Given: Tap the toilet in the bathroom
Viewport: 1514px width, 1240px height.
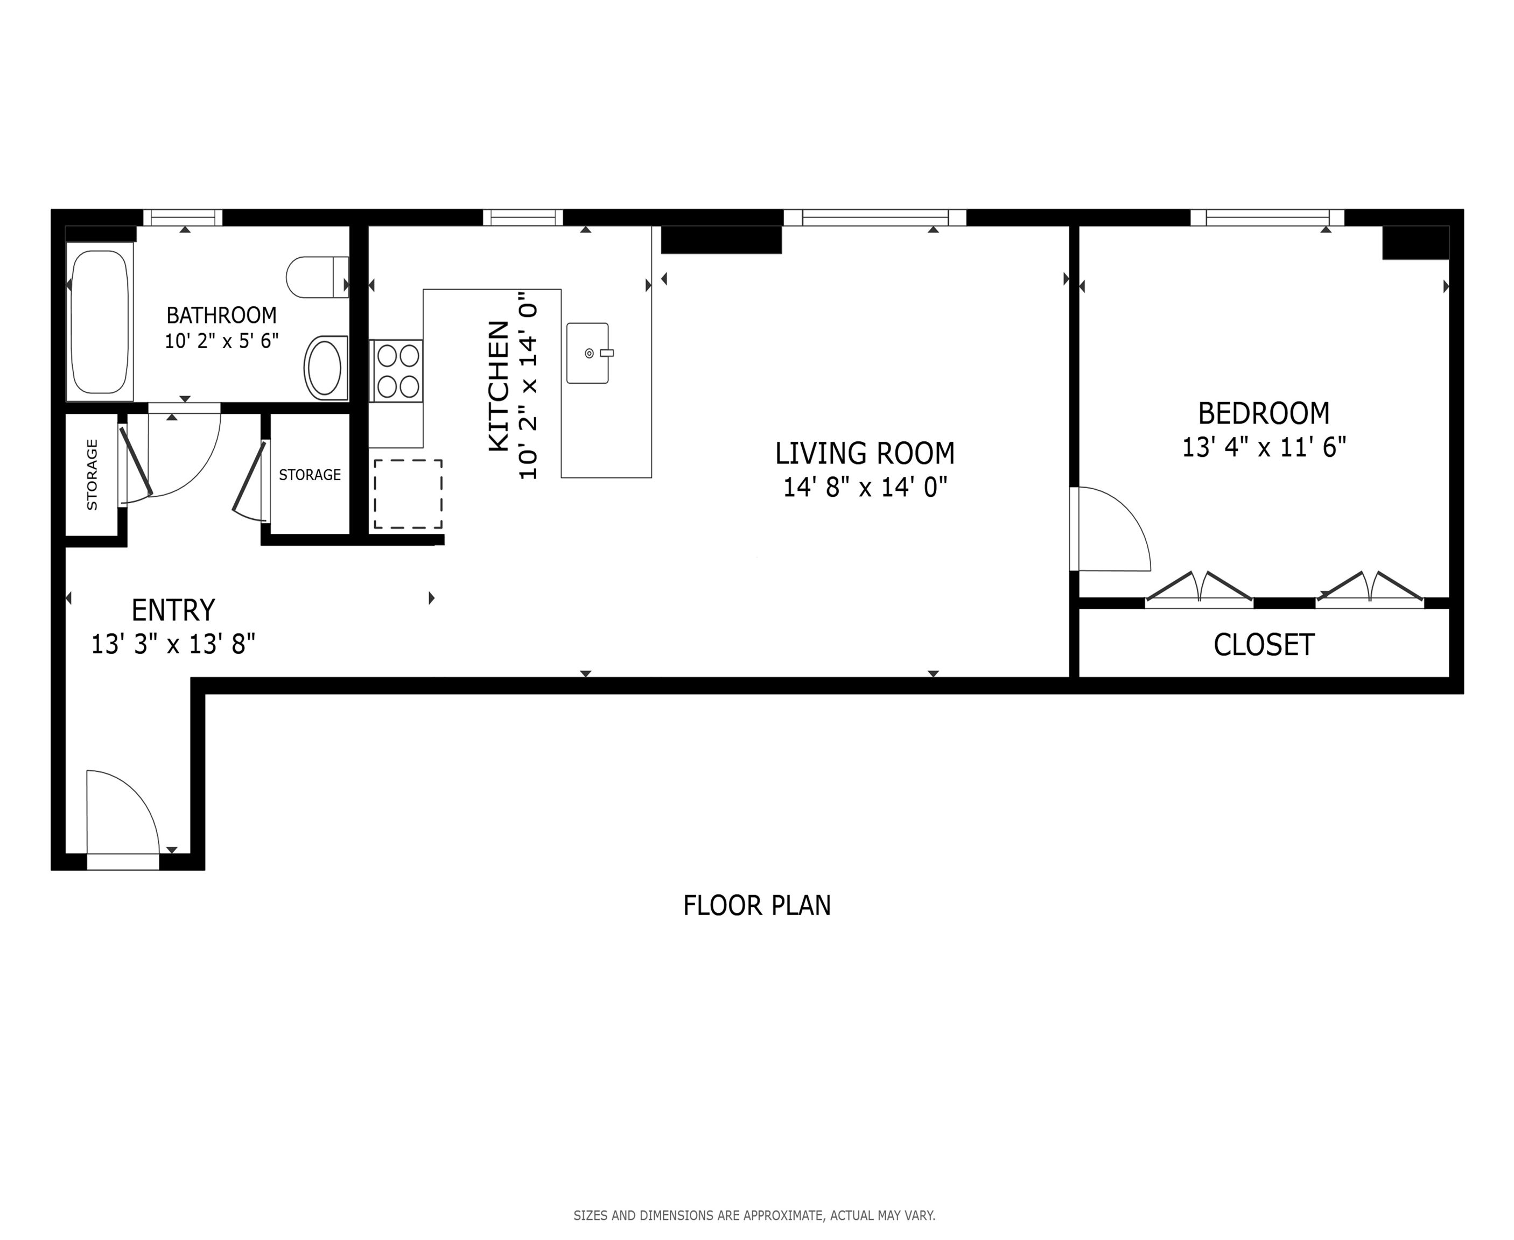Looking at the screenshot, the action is [317, 277].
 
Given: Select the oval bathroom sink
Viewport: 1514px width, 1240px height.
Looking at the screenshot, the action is [326, 367].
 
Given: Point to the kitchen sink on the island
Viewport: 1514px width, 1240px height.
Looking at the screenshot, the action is [588, 353].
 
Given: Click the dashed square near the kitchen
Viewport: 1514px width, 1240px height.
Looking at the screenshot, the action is [408, 494].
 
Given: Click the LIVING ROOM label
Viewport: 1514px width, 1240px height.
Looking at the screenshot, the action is [865, 454].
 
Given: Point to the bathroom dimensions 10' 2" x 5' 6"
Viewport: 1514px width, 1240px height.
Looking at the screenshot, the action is [221, 341].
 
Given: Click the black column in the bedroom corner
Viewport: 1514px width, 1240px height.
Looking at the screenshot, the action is [1416, 243].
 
